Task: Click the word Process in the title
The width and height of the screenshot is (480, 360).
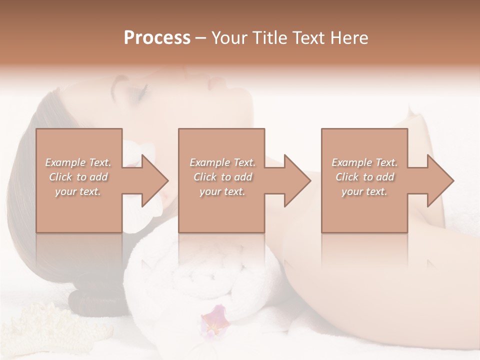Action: tap(157, 38)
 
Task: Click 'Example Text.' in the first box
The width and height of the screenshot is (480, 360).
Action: tap(78, 162)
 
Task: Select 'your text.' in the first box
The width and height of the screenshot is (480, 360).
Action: tap(78, 191)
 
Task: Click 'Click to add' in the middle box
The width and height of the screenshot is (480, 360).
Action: tap(222, 177)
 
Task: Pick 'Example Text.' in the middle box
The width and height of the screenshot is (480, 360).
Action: tap(222, 162)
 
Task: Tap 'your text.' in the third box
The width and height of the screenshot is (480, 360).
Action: tap(364, 191)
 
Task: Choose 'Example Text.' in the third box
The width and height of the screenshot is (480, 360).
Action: tap(364, 162)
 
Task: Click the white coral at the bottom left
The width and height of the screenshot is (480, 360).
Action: tap(30, 325)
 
